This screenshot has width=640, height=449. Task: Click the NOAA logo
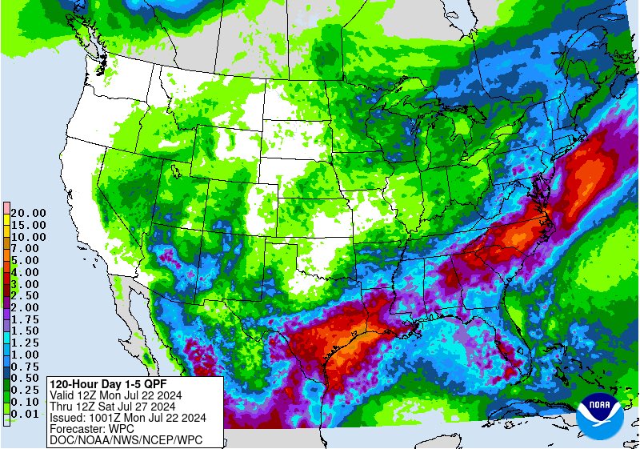(x=598, y=413)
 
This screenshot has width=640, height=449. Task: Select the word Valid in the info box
(x=63, y=395)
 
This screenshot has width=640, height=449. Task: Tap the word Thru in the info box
(x=62, y=406)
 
